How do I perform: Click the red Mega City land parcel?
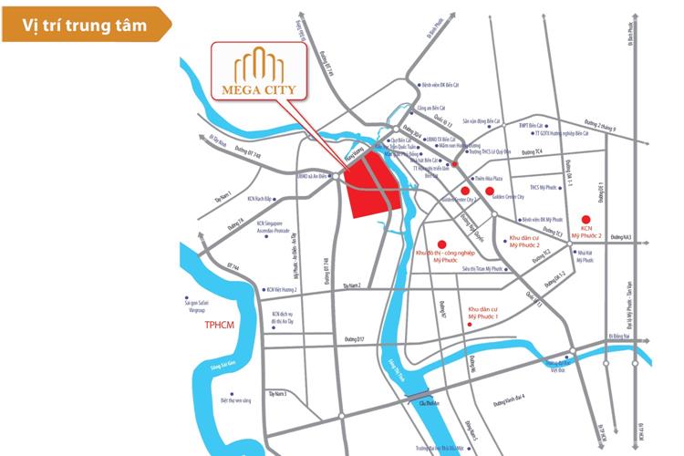(x=375, y=186)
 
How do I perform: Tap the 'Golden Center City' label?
(x=519, y=196)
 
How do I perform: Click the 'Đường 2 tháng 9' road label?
(x=599, y=125)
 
